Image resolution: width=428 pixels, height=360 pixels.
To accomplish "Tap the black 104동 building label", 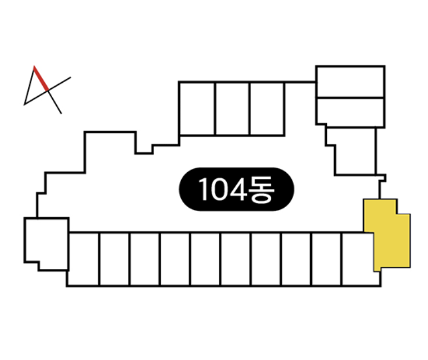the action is pos(236,189).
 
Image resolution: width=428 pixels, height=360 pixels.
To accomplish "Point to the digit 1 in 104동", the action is pos(203,189).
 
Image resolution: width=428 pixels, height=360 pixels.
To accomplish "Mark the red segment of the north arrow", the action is pos(41,78).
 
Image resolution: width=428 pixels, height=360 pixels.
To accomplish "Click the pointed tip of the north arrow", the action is pos(34,66).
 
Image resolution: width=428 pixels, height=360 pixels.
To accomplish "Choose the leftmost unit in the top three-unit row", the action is pos(197,108).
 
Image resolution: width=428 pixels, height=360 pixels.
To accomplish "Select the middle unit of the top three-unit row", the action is pos(232,108).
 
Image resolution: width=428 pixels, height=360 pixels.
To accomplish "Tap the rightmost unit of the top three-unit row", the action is pos(267,108).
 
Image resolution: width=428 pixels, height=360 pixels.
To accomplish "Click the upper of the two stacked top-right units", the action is pos(351,82).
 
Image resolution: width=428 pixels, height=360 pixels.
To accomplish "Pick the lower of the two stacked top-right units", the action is pos(351,112).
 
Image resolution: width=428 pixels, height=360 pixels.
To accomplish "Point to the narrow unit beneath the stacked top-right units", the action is pos(355,151).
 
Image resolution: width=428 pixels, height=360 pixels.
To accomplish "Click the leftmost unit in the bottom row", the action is pos(83,259).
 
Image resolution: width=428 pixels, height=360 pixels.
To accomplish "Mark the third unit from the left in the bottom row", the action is pos(145,259).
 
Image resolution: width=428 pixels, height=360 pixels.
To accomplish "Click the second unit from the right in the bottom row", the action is pos(327,259).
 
